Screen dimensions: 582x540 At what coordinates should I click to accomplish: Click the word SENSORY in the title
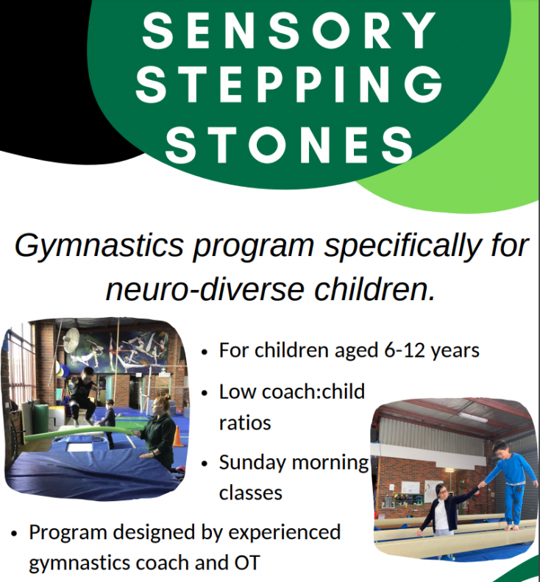(288, 31)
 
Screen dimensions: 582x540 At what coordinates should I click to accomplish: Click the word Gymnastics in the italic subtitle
(99, 245)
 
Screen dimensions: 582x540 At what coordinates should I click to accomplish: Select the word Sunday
(252, 463)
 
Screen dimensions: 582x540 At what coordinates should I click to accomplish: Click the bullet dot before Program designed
(14, 532)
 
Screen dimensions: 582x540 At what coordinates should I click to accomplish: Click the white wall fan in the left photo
(71, 341)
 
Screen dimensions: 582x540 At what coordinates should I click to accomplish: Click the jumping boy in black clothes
(82, 397)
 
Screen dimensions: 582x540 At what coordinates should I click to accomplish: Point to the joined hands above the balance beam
(480, 486)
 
